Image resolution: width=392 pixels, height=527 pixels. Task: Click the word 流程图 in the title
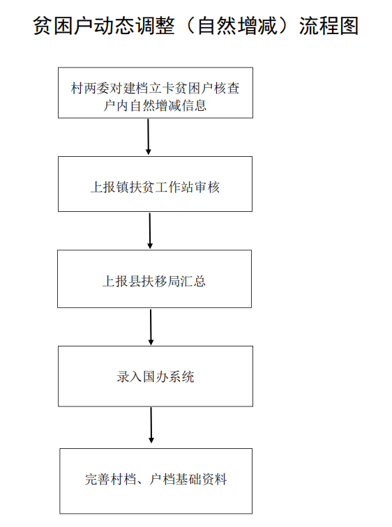point(329,26)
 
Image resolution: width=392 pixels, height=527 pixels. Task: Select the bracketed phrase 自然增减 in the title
point(237,26)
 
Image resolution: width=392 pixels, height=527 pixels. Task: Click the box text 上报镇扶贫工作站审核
point(155,188)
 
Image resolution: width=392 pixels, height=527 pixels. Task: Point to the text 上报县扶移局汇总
point(154,281)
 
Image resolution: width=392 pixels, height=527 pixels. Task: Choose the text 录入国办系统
point(156,376)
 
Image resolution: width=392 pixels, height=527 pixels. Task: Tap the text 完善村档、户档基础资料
point(156,479)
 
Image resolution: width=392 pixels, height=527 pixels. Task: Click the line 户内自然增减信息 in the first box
point(155,105)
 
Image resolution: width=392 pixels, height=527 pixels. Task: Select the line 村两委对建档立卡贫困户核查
point(155,89)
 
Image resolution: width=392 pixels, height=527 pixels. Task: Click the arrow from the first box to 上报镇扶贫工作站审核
point(149,137)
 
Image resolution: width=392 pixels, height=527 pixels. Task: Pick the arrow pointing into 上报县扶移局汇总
point(150,231)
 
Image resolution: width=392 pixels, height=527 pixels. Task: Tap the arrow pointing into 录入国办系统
point(151,327)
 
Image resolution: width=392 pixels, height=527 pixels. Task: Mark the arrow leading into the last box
point(151,425)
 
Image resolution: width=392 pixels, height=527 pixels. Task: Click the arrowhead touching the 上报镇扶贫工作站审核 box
point(149,152)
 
